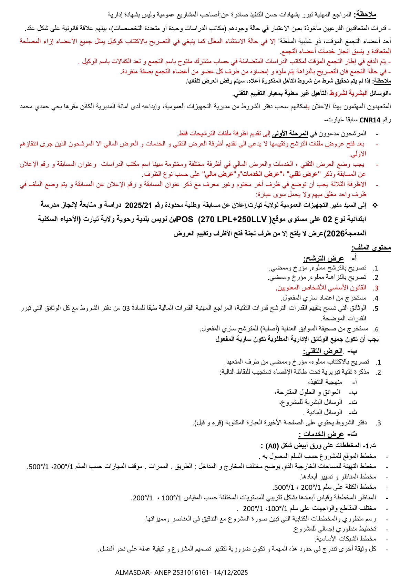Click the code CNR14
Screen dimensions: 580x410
tap(370, 120)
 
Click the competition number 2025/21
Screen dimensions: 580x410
tap(138, 205)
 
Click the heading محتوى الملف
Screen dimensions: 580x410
tap(371, 247)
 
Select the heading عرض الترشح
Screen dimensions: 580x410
tap(324, 259)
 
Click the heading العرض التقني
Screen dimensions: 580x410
tap(323, 352)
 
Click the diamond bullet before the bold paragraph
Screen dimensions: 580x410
tap(376, 205)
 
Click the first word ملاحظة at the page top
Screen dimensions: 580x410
tap(366, 14)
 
